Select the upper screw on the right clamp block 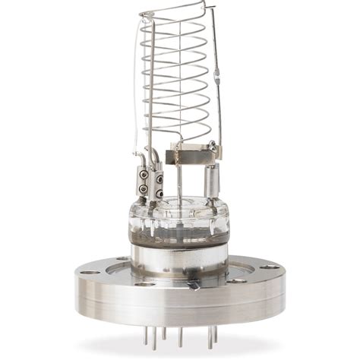point(159,180)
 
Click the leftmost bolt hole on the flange point(90,271)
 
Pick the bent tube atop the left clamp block point(153,157)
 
